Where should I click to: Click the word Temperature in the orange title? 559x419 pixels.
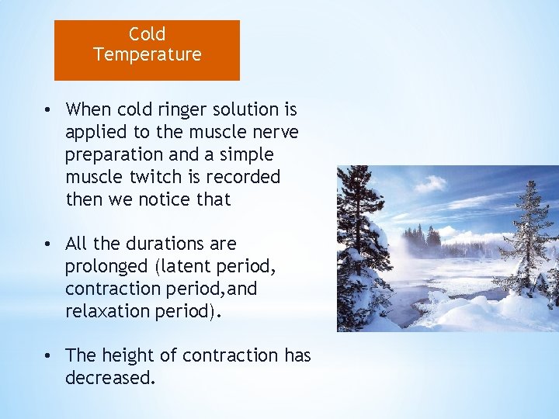[x=147, y=54]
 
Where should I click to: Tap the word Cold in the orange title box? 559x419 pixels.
[x=147, y=34]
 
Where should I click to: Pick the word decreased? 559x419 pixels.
[x=110, y=378]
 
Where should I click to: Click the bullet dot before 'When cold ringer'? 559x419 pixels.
[x=48, y=110]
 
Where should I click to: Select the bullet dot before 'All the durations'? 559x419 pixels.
[x=48, y=244]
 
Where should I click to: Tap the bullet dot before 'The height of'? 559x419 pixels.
[x=48, y=356]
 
